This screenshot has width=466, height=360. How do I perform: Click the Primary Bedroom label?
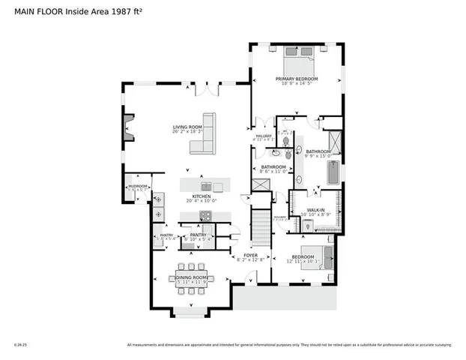point(297,79)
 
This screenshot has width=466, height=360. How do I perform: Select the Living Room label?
point(188,127)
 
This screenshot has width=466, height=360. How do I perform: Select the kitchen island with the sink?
point(203,185)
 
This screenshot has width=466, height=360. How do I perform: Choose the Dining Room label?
point(191,278)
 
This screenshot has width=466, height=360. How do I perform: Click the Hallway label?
point(263,136)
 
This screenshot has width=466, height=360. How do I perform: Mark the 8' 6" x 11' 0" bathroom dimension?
point(272,172)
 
